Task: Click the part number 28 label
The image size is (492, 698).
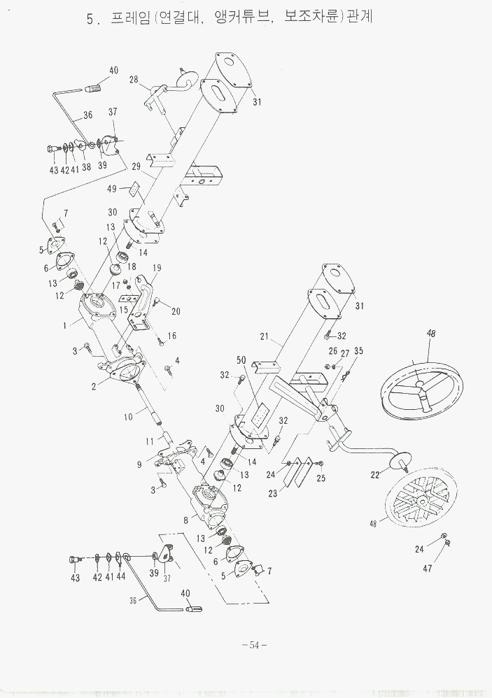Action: [134, 80]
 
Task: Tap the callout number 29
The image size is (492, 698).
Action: [136, 166]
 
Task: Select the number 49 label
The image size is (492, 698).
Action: [113, 188]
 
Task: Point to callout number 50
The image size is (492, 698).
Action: [242, 359]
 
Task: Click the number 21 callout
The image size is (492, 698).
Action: [265, 337]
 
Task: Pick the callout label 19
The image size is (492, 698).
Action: [157, 268]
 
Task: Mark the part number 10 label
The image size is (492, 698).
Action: [128, 418]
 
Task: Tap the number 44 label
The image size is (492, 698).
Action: [121, 577]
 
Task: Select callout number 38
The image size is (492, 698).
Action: [86, 167]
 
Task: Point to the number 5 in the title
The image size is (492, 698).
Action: [90, 20]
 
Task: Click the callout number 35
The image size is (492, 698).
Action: [358, 350]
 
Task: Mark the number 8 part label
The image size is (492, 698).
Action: [185, 520]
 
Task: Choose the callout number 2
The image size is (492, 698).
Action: [93, 386]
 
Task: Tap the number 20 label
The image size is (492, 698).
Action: [176, 311]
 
